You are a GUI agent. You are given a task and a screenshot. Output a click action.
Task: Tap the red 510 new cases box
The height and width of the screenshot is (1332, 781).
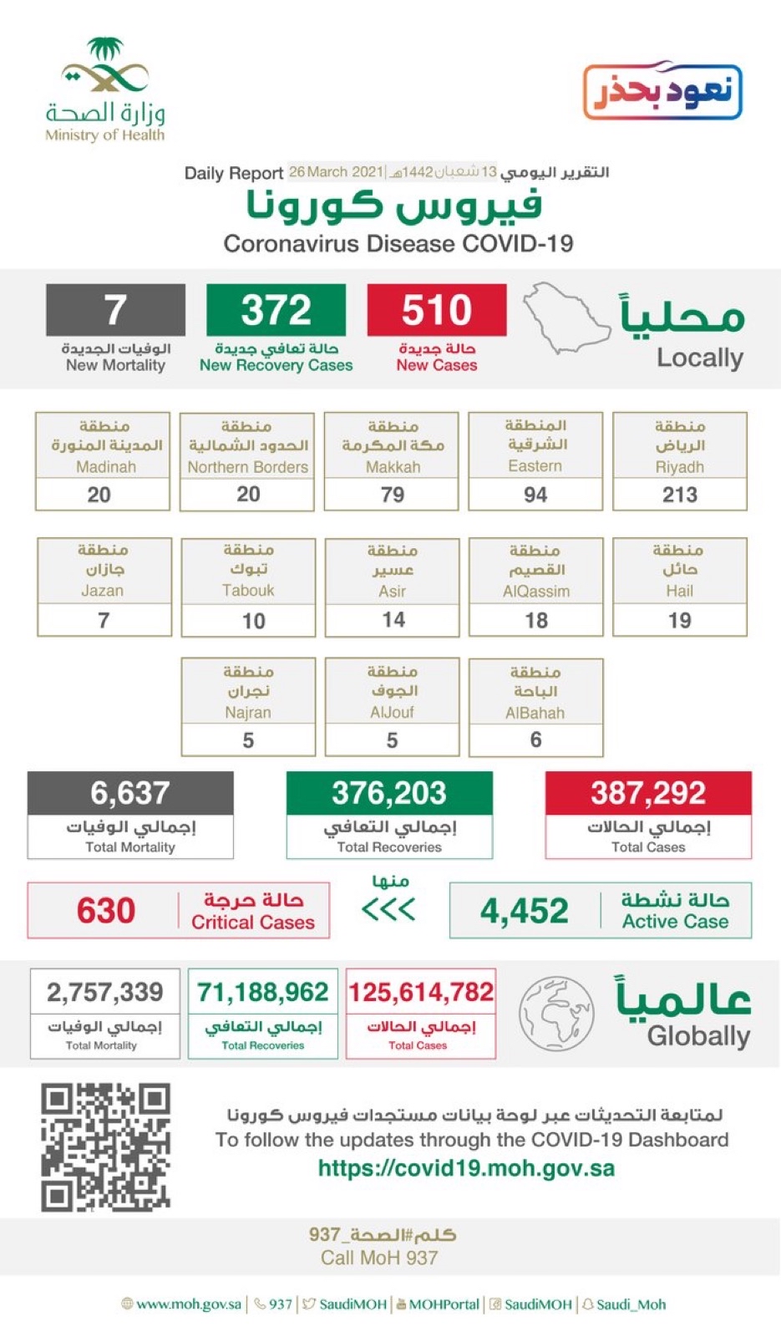436,310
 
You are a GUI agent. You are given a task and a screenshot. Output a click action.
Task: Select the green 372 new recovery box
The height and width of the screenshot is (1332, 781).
276,310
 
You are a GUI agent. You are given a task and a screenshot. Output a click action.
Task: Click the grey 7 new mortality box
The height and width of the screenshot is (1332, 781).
115,310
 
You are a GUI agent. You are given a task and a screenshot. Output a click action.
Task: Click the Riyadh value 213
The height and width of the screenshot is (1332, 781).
679,495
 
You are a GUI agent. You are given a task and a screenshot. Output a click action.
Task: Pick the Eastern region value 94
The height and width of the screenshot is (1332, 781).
535,495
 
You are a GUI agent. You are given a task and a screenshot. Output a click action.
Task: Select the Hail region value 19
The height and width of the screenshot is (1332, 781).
679,620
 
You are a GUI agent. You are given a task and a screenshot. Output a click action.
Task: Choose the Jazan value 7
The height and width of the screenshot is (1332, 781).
104,620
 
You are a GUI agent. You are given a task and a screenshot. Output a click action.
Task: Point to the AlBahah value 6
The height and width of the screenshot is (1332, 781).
535,740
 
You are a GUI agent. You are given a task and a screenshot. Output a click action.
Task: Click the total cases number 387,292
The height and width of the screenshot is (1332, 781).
648,793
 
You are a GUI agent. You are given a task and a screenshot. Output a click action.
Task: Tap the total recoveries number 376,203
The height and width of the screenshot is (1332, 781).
389,793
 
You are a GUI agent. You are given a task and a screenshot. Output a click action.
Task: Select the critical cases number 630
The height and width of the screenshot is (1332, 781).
106,910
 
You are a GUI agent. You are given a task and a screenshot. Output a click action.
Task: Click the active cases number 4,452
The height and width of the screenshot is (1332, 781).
525,911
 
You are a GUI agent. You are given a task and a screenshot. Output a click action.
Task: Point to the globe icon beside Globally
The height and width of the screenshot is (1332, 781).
556,1013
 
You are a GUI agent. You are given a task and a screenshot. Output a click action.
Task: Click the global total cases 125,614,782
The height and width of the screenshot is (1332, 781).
421,992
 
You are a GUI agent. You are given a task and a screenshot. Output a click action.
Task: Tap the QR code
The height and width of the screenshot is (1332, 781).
105,1146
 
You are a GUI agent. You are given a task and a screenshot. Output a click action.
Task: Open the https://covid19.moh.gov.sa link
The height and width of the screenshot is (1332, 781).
466,1168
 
